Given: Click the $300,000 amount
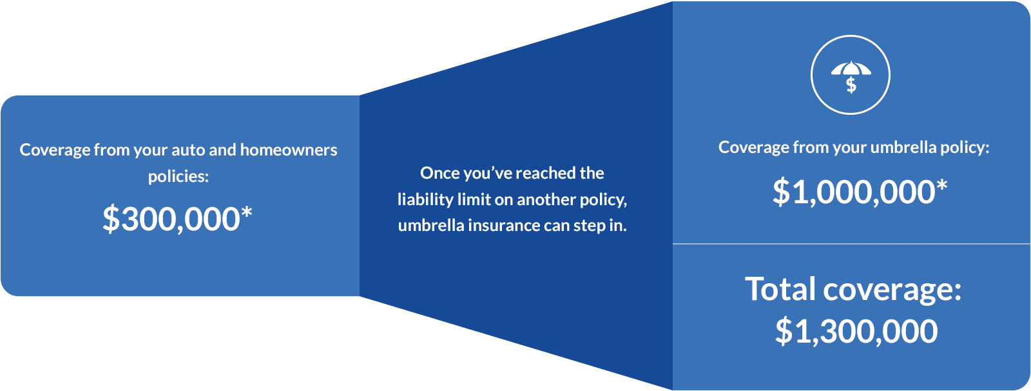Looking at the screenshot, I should pos(171,219).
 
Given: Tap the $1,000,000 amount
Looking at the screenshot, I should pos(853,192).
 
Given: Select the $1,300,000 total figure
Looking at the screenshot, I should pos(856,331).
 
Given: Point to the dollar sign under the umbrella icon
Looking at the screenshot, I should pos(851,85).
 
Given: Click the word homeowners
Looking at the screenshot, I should pos(289,150).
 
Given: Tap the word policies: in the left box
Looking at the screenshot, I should pos(178,176).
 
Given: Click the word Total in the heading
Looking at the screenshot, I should pos(780,288).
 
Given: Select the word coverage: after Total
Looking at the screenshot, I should pos(892,290).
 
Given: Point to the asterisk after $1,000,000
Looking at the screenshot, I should pos(942,186).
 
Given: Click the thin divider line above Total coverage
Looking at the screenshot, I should pos(851,244).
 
